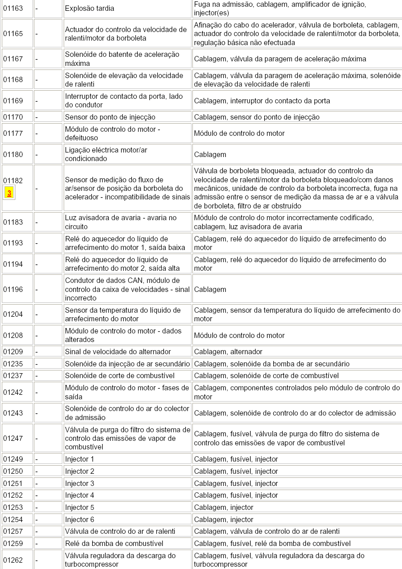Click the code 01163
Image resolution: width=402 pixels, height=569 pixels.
click(x=13, y=9)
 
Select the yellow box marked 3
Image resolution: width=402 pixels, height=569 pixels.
click(x=9, y=193)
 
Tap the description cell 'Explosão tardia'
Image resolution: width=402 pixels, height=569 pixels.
click(x=89, y=9)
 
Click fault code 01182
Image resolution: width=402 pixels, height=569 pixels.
click(x=13, y=180)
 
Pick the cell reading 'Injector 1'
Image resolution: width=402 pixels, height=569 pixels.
click(x=79, y=459)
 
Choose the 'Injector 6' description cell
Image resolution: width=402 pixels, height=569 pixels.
click(x=79, y=520)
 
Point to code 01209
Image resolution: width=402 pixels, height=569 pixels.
click(x=13, y=352)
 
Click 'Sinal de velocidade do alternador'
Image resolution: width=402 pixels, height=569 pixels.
click(x=118, y=352)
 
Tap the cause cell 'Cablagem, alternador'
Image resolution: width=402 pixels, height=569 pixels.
click(x=228, y=352)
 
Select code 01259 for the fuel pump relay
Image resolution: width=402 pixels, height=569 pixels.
click(x=13, y=543)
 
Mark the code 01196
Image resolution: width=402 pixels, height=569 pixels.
click(x=13, y=289)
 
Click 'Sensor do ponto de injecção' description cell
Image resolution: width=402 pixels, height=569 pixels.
click(x=110, y=117)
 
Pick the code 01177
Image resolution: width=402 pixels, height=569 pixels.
click(x=13, y=134)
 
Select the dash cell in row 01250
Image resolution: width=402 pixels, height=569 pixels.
click(x=37, y=472)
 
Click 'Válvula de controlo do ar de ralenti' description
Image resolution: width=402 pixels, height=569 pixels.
click(x=120, y=532)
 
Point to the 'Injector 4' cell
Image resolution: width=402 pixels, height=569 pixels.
click(x=79, y=495)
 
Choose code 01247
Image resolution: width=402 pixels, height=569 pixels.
click(x=13, y=438)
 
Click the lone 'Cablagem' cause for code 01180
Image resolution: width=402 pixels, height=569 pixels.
click(x=210, y=154)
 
